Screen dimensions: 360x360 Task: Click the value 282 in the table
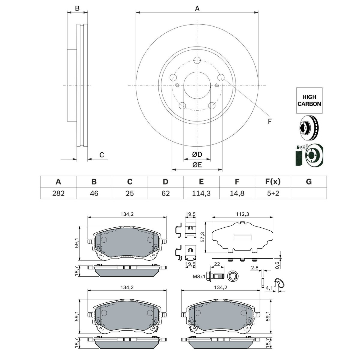(58, 193)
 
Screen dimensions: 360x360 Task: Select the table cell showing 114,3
(201, 193)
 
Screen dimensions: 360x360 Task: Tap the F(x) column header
(273, 182)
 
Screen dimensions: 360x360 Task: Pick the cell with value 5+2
(273, 193)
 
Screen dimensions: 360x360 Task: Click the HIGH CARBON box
(309, 100)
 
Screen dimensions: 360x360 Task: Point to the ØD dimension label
(197, 154)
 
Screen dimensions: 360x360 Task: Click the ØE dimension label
(197, 165)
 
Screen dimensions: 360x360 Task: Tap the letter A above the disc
(197, 8)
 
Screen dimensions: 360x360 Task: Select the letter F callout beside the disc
(269, 121)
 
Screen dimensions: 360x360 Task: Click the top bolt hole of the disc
(197, 60)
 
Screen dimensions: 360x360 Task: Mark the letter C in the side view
(102, 155)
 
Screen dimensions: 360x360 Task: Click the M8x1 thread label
(199, 276)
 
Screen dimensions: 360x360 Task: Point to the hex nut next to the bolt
(232, 276)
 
